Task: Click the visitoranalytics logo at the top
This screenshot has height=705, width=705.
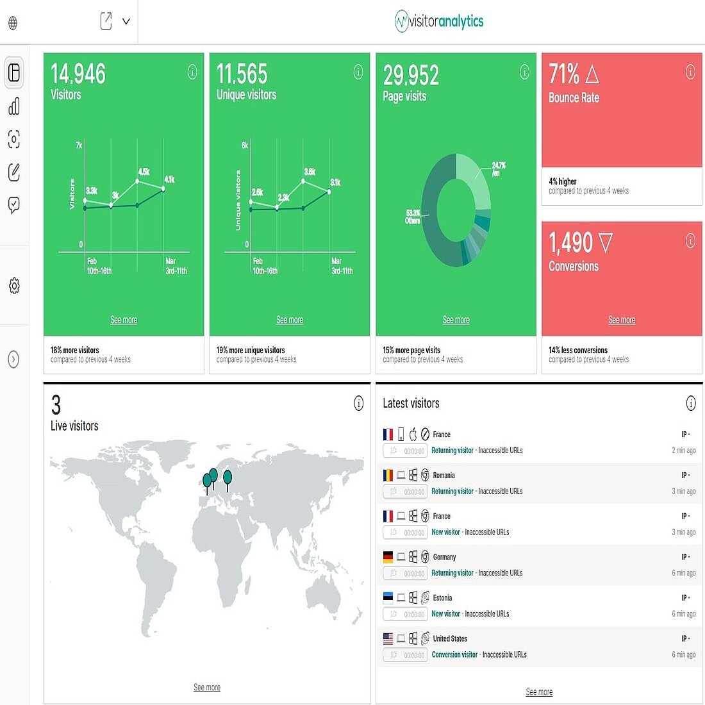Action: (439, 21)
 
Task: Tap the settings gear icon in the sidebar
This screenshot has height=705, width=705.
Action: (14, 286)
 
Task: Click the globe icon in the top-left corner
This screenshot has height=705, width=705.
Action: (13, 24)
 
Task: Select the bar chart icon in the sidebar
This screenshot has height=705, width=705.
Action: (14, 106)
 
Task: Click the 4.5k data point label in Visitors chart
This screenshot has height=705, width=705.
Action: (144, 172)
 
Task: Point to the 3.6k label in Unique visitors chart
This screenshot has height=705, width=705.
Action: (310, 172)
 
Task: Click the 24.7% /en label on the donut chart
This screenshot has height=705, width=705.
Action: (499, 169)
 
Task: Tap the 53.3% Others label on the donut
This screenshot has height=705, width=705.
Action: (413, 217)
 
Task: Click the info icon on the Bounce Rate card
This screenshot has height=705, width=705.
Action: (690, 72)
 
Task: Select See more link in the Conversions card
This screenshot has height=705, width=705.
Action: (622, 320)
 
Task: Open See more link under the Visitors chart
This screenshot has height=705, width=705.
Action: (124, 320)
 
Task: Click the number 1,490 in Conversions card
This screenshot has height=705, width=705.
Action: (571, 243)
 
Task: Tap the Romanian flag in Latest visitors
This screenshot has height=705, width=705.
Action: (388, 475)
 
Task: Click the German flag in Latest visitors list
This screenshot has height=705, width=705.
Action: (388, 557)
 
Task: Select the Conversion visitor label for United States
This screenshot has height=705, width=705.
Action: (454, 654)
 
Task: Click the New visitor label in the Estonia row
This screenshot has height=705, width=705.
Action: (445, 613)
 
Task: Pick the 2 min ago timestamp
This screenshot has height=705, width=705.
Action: (683, 451)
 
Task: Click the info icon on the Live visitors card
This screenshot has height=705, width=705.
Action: (358, 403)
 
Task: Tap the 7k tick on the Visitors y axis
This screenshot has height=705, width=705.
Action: (79, 145)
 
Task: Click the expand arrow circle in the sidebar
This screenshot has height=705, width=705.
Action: (13, 360)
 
